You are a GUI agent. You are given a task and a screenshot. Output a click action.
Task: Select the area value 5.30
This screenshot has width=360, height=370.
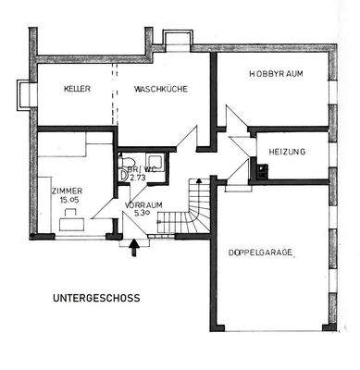141,214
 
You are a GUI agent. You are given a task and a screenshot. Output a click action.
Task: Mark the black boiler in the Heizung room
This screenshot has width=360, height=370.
262,170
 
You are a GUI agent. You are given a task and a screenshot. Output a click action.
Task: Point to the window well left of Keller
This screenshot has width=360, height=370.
21,92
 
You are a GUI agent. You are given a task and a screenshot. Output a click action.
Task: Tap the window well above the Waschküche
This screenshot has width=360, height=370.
175,40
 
